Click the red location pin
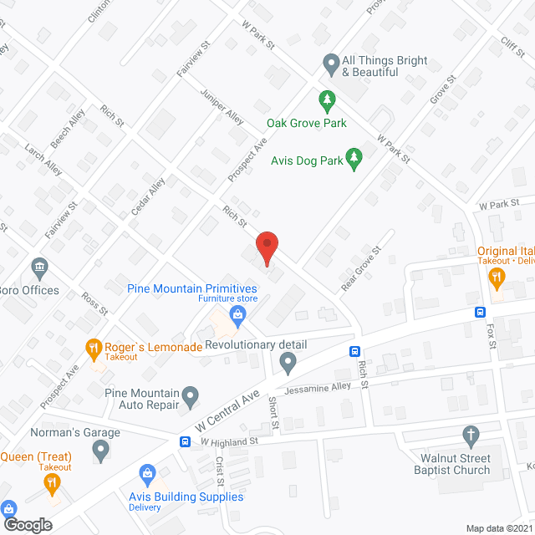pyautogui.click(x=266, y=248)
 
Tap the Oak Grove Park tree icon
pyautogui.click(x=328, y=100)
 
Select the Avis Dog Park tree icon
pyautogui.click(x=354, y=158)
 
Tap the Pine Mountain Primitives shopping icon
pyautogui.click(x=238, y=315)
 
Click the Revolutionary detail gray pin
pyautogui.click(x=288, y=363)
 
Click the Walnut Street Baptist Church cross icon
pyautogui.click(x=470, y=436)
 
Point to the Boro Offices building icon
pyautogui.click(x=39, y=268)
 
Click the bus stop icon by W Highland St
pyautogui.click(x=185, y=441)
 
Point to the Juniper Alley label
pyautogui.click(x=222, y=107)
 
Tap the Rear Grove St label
pyautogui.click(x=361, y=269)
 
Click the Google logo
pyautogui.click(x=27, y=524)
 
